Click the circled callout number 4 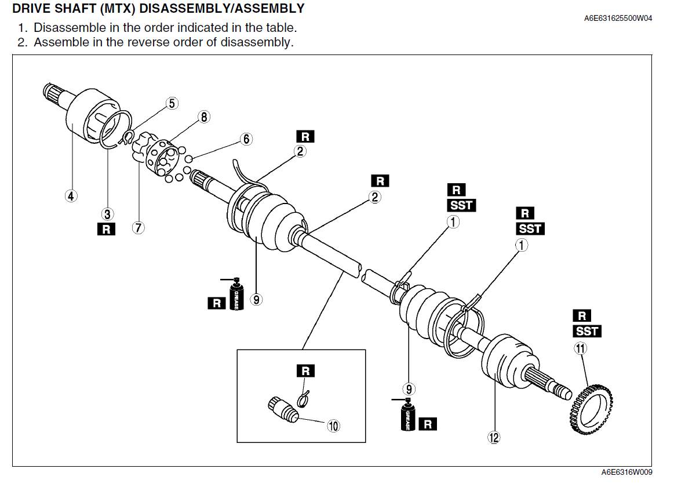click(71, 196)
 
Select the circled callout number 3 click(108, 213)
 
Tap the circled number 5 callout click(172, 103)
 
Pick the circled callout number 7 click(138, 228)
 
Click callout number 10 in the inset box click(333, 426)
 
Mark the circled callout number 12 click(494, 438)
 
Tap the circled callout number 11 click(580, 348)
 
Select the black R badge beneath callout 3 click(106, 229)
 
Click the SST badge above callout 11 click(587, 331)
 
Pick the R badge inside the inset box click(305, 370)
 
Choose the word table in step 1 click(282, 27)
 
